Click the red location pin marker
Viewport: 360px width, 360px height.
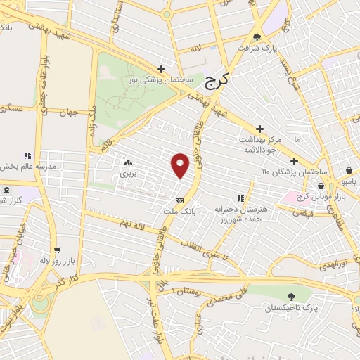coord(181,165)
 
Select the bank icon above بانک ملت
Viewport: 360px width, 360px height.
coord(188,200)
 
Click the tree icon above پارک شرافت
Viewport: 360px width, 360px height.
coord(257,38)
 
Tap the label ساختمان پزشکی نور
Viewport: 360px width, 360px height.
coord(160,80)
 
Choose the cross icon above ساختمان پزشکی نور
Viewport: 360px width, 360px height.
coord(162,69)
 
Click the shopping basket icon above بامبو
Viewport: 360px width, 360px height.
coord(349,169)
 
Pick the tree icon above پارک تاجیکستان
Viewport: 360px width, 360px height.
coord(291,297)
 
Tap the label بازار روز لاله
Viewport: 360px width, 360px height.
coord(56,261)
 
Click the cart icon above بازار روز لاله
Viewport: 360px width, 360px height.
coord(56,250)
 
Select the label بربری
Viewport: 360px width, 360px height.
coord(127,172)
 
